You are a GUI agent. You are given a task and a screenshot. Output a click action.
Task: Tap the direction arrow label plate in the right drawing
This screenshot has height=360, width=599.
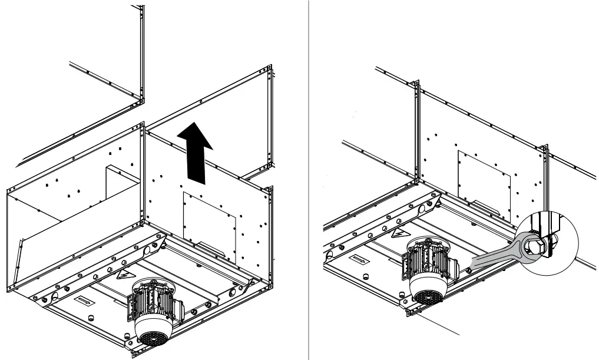tap(360, 259)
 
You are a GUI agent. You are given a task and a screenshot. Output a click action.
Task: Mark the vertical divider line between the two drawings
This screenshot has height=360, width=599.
tap(310, 177)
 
